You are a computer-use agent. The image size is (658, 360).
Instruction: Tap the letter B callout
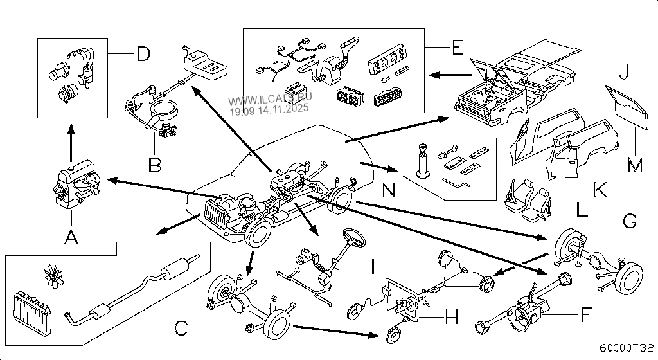[154, 166]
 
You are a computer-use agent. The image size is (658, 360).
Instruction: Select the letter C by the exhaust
[181, 328]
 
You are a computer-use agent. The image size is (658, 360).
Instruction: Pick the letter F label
[585, 315]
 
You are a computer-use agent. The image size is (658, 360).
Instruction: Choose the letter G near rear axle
[630, 222]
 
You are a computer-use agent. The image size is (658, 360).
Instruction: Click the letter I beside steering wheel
[371, 264]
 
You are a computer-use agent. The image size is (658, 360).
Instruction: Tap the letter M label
[635, 166]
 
